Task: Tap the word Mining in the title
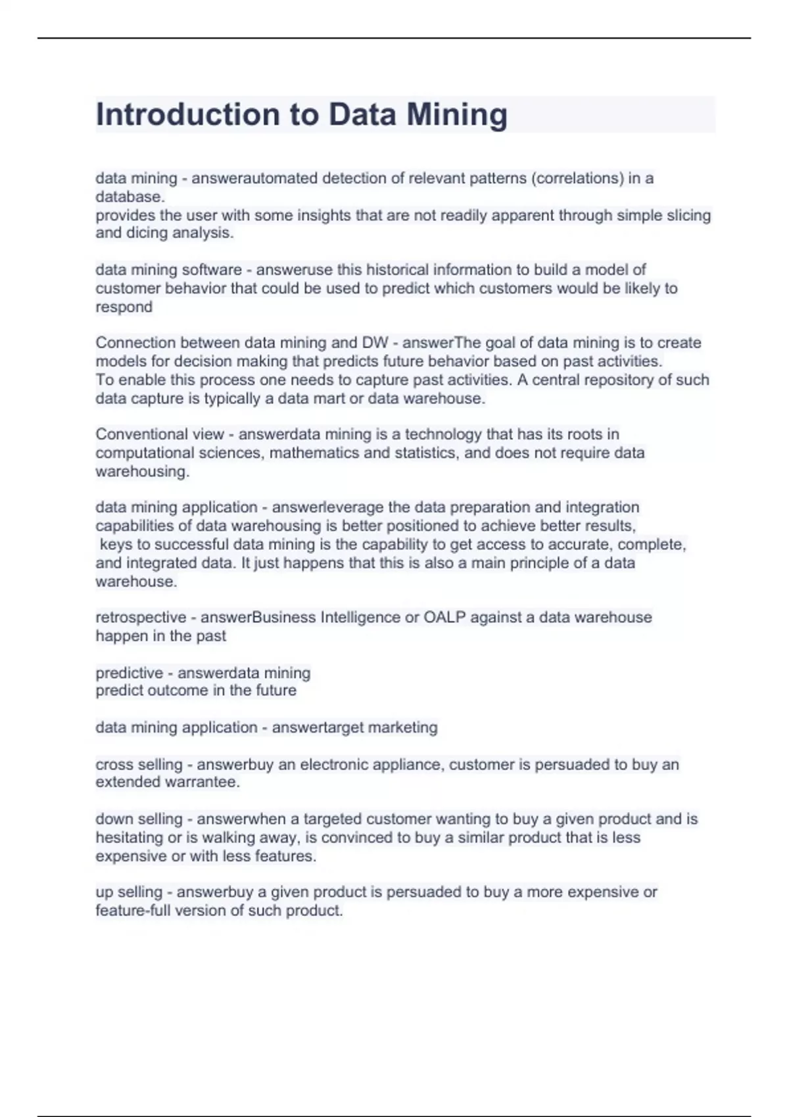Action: click(x=456, y=114)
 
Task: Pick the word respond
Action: click(x=124, y=307)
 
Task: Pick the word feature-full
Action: click(x=132, y=911)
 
